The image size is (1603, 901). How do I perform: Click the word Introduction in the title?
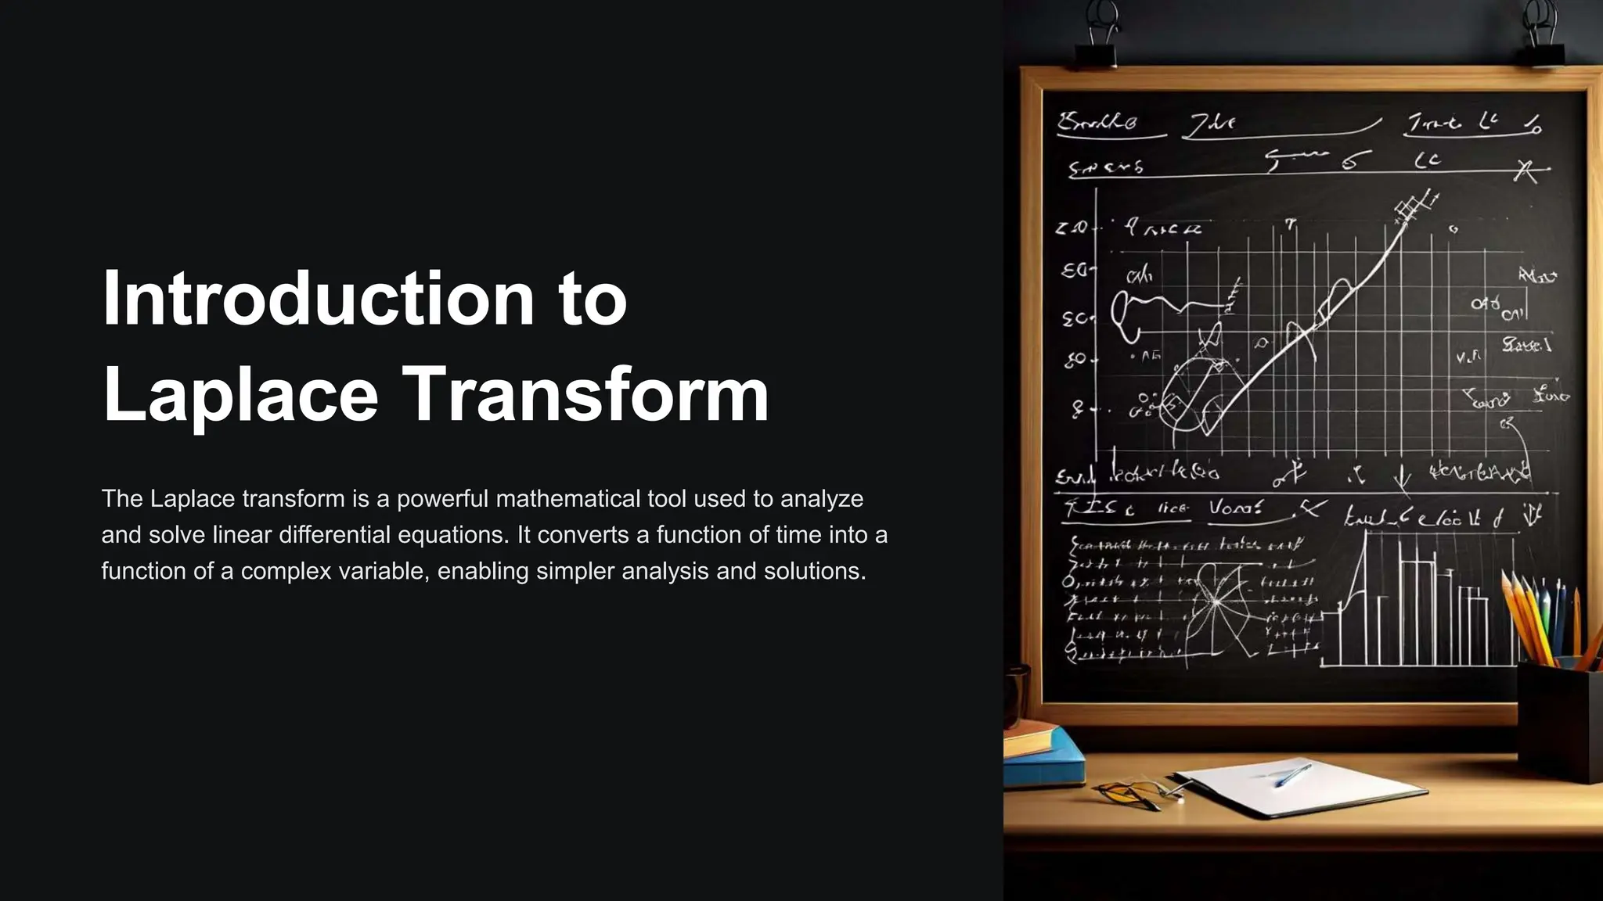(318, 299)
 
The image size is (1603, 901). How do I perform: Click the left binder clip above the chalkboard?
(1096, 35)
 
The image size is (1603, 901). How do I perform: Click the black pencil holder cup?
(1558, 720)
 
